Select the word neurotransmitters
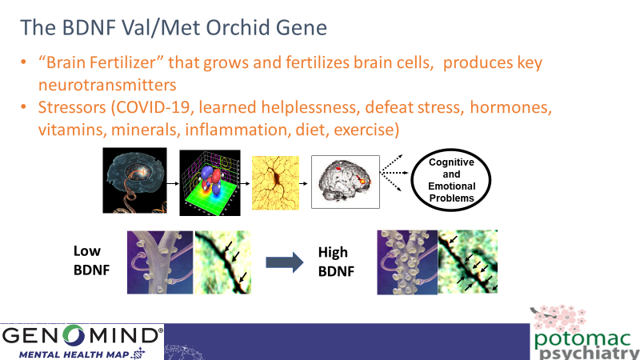point(107,85)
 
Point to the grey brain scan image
point(346,182)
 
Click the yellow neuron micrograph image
point(275,183)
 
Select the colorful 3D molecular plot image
point(210,182)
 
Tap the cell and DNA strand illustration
point(134,181)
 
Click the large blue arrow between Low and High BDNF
point(285,262)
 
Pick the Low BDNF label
point(91,261)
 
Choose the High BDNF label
point(336,262)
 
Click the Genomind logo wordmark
point(81,335)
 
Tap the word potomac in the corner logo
point(582,338)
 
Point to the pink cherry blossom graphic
point(559,317)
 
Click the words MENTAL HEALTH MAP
point(74,354)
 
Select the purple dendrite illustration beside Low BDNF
point(160,262)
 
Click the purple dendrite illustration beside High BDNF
point(407,262)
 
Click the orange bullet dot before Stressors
point(24,107)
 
